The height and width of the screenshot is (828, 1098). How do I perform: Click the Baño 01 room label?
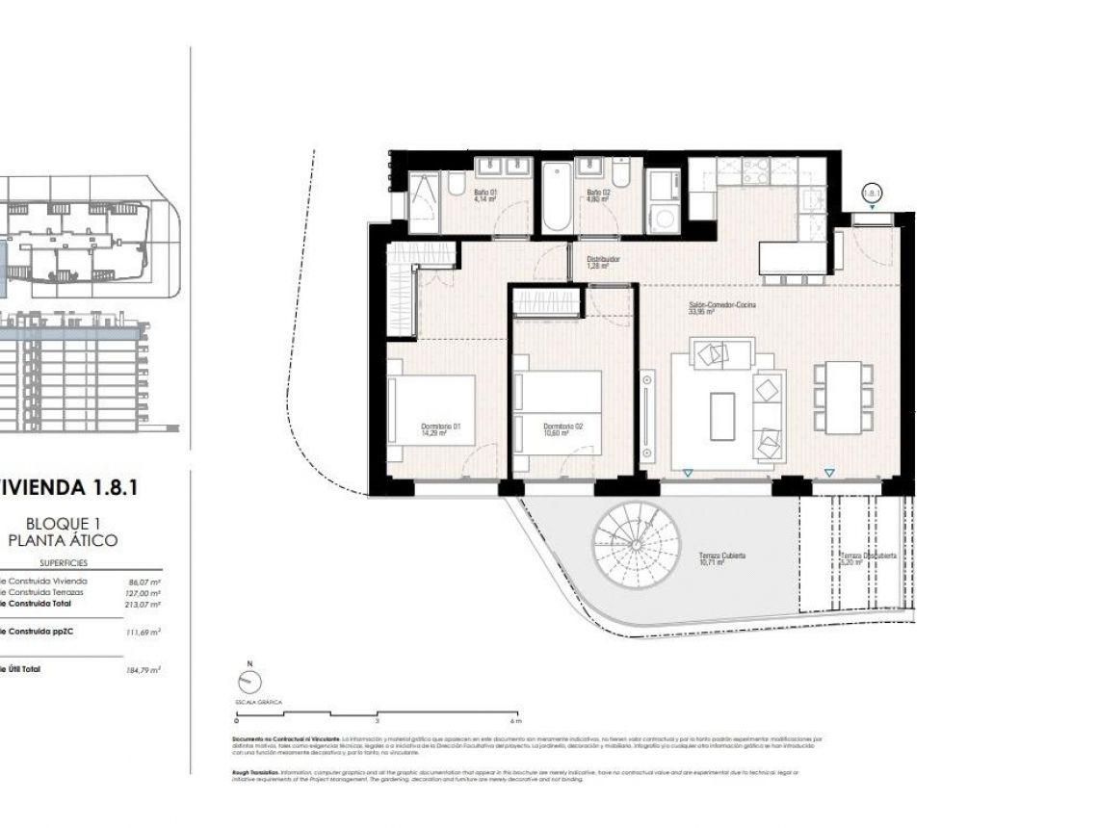484,193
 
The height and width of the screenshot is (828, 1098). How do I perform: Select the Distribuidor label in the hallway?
603,259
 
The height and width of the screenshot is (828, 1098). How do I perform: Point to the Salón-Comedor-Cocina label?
721,304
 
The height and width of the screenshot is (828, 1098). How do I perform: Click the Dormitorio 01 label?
441,427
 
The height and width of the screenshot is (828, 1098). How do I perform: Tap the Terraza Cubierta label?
722,556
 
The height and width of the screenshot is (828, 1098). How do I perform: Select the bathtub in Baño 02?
557,197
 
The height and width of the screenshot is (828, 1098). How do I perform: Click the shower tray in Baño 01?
423,201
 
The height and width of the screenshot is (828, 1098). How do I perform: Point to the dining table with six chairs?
844,397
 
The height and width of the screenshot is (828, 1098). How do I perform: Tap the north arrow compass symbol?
248,681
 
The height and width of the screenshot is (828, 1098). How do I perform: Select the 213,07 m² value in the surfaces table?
143,605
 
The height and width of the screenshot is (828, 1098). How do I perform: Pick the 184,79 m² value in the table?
143,669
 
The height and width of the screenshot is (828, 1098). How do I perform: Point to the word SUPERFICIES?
64,562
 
